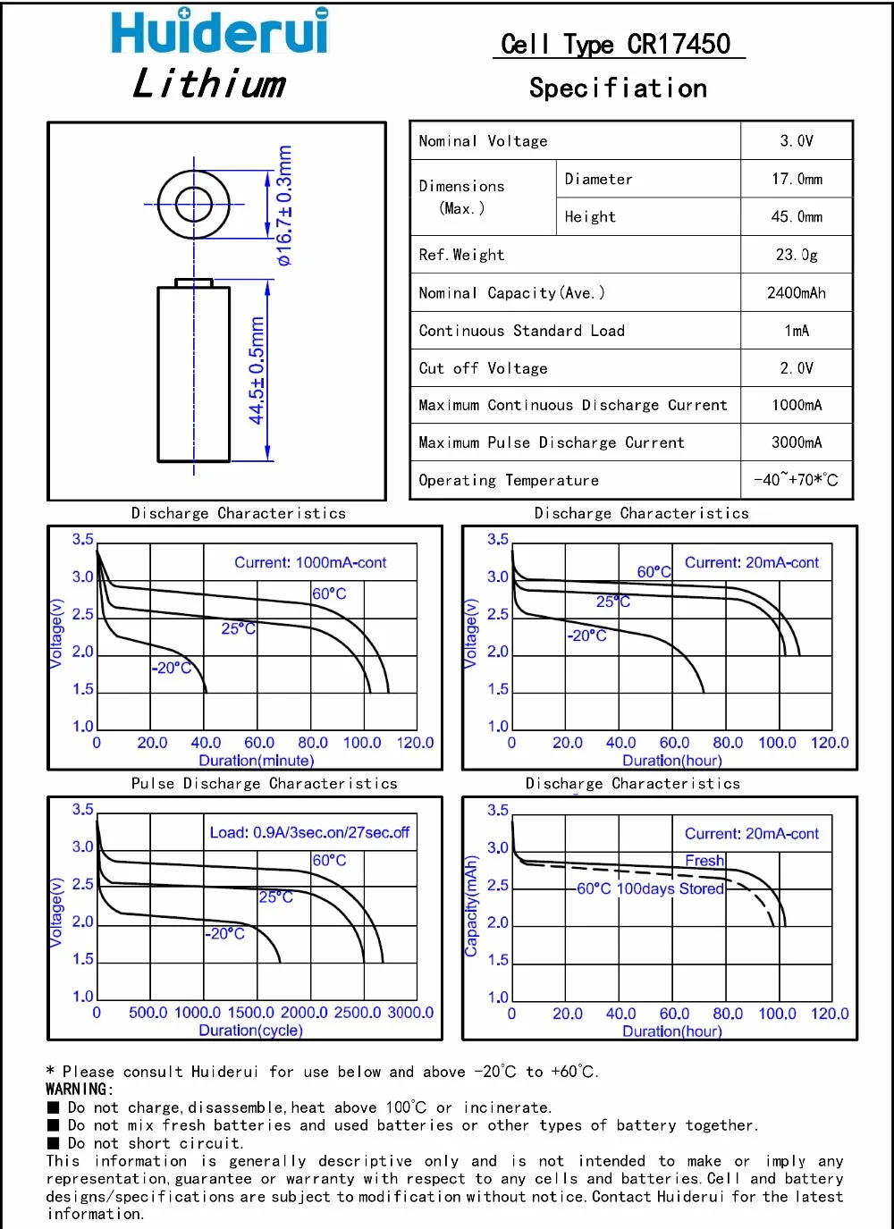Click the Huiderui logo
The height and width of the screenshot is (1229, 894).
[x=219, y=32]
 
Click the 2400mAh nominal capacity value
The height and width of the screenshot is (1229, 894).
[x=796, y=293]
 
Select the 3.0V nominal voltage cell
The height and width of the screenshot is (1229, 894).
[x=796, y=141]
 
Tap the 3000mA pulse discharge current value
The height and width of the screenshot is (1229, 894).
[x=796, y=442]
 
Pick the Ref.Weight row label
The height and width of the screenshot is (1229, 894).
[x=461, y=256]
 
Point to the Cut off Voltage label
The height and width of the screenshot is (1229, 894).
[x=483, y=368]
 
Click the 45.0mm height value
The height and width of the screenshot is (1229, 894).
[x=796, y=217]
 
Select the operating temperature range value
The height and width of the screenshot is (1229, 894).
[x=796, y=480]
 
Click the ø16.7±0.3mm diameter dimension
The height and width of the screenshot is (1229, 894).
[x=284, y=206]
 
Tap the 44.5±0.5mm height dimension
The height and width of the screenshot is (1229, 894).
[x=257, y=371]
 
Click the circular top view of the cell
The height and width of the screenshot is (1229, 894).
[x=193, y=205]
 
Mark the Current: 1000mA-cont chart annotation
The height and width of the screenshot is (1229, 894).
[x=310, y=563]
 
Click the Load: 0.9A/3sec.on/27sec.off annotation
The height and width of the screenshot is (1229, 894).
[x=309, y=833]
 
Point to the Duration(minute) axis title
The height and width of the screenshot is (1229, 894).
[x=256, y=761]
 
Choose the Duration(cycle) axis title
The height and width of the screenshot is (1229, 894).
[x=250, y=1031]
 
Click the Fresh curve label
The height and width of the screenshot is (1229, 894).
[x=704, y=861]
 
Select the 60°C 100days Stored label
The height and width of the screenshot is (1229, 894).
[x=650, y=889]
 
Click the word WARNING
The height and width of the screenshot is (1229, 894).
[x=80, y=1090]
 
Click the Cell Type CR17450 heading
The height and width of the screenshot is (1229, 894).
[x=616, y=45]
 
